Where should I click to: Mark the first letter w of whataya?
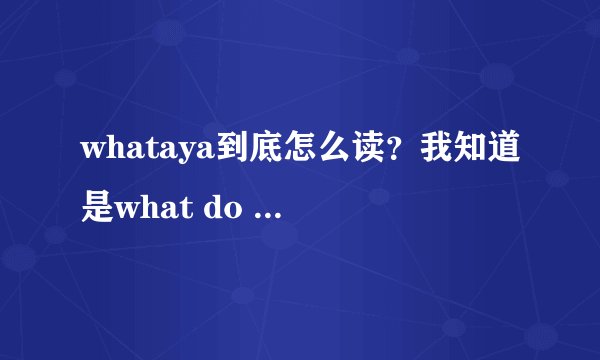[x=93, y=153]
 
